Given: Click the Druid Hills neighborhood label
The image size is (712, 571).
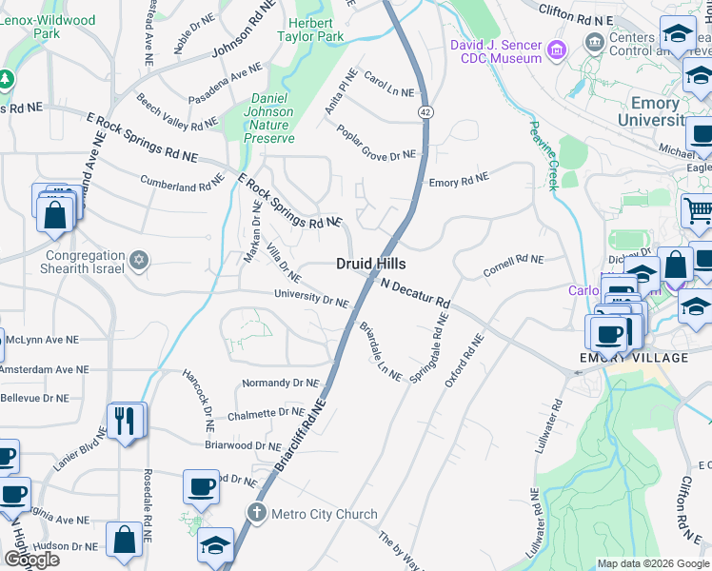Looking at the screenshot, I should point(370,264).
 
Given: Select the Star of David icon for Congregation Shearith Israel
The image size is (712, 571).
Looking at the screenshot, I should point(139,260).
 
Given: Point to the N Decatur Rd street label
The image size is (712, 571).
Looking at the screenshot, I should point(415,292).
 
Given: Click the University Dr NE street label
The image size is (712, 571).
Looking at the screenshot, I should point(310,299).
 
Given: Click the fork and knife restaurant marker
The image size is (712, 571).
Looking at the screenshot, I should point(125,420).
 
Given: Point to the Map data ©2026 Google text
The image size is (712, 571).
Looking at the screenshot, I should point(653,563).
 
